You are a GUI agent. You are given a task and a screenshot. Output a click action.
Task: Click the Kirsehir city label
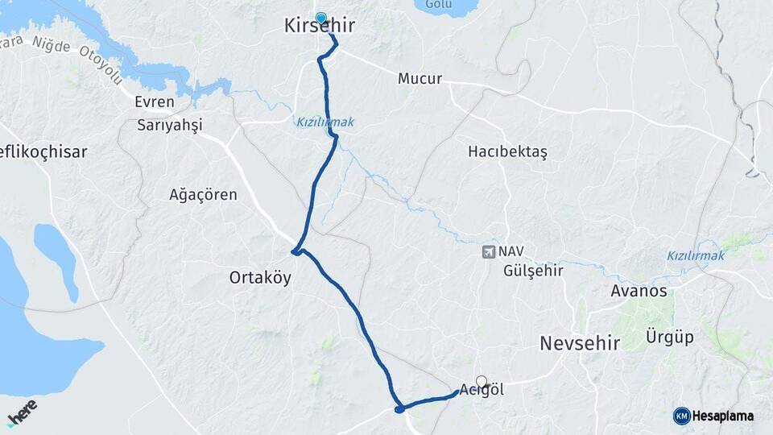[320, 27]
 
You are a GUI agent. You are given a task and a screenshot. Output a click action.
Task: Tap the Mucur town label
[420, 79]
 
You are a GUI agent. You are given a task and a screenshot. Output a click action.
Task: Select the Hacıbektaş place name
[507, 152]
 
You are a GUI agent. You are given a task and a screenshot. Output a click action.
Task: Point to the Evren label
[155, 102]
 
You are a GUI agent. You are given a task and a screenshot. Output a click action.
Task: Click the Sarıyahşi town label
[169, 125]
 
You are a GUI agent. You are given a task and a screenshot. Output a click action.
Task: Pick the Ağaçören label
[203, 194]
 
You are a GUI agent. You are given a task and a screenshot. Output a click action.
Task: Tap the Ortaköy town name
[260, 278]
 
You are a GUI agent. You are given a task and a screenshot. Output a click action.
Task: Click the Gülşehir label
[532, 271]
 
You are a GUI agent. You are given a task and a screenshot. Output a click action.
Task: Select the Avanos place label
[639, 291]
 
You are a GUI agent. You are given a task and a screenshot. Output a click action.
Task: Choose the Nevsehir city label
[580, 343]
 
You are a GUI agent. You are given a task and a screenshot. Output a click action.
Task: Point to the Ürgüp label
[670, 337]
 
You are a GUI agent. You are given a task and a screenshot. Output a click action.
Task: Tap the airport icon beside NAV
[488, 251]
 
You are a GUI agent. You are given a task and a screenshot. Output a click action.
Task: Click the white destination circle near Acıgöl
[482, 381]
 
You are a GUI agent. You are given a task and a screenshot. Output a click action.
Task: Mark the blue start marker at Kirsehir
[321, 18]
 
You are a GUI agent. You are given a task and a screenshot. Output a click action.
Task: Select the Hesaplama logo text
[723, 416]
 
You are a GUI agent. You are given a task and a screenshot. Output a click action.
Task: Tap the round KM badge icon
[682, 416]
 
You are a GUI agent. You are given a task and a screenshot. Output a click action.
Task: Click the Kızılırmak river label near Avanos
[695, 255]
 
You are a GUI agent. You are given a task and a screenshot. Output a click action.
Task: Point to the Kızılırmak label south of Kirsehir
[324, 122]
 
